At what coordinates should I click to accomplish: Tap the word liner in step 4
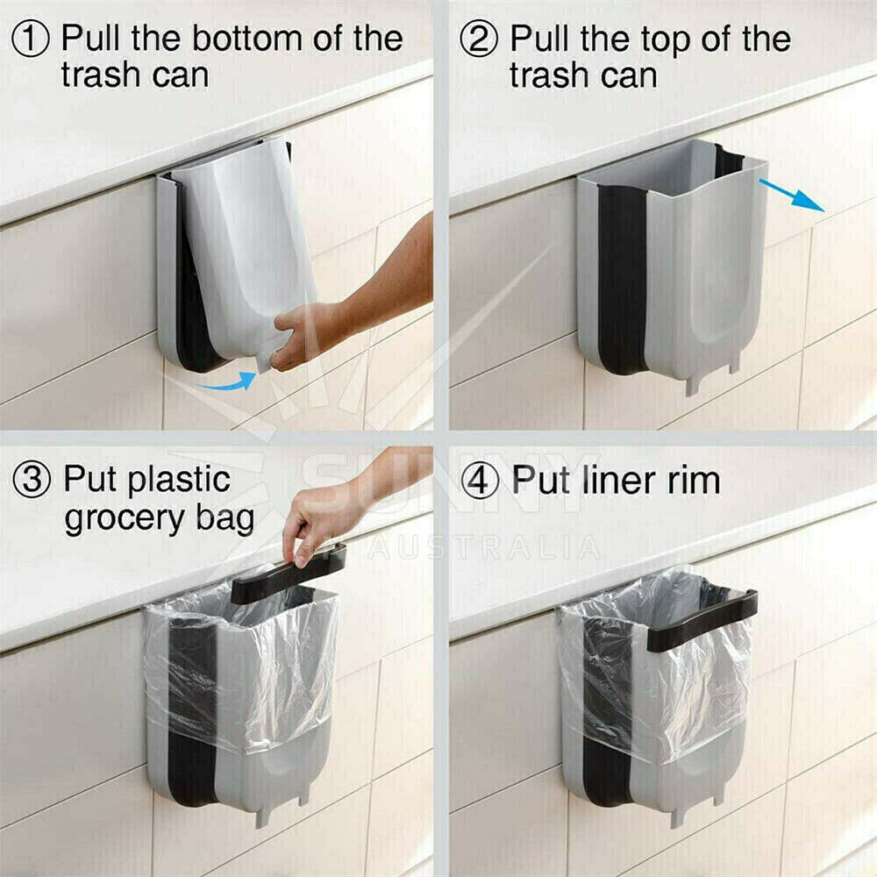pos(615,480)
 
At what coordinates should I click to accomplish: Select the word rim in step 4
pos(691,480)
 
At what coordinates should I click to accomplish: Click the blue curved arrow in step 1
pos(227,381)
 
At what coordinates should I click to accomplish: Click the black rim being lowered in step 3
pos(289,574)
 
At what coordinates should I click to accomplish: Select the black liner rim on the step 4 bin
pos(702,618)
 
